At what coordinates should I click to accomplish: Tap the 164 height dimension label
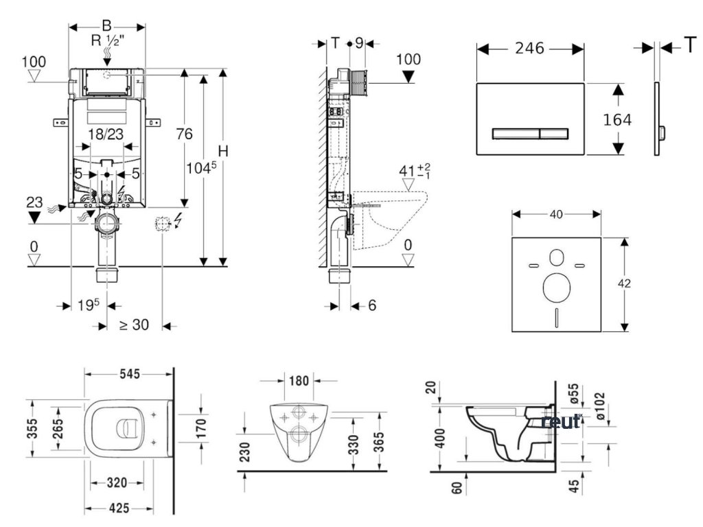[x=617, y=119]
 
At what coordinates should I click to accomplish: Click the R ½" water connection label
[x=107, y=40]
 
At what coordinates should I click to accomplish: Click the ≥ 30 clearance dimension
[x=133, y=325]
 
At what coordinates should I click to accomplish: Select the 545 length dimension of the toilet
[x=129, y=374]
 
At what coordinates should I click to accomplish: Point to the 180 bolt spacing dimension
[x=299, y=379]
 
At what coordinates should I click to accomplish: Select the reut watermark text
[x=560, y=421]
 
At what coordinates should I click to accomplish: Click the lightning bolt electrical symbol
[x=179, y=220]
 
